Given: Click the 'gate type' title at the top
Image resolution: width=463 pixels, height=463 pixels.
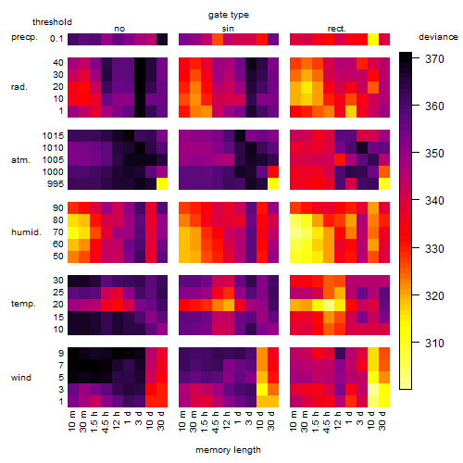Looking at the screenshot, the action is (229, 15).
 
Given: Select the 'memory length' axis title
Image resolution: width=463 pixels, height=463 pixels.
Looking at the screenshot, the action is (228, 450).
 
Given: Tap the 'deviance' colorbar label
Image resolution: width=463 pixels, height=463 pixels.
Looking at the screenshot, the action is (438, 37).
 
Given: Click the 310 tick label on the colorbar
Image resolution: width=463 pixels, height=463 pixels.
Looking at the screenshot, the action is (434, 343).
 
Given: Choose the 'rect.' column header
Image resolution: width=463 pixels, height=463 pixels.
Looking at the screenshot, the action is (336, 29).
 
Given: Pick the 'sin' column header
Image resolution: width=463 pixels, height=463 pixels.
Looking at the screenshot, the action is (228, 29).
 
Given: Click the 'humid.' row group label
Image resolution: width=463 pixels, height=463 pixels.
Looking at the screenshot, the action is (26, 232).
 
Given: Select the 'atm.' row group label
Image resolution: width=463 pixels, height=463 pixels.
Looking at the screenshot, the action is (20, 160).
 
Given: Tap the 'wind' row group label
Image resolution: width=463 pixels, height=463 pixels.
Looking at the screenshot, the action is (21, 378).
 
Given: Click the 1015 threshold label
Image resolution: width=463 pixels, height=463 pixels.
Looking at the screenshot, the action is (53, 136).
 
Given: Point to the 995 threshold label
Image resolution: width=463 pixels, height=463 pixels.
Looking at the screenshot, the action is (56, 184).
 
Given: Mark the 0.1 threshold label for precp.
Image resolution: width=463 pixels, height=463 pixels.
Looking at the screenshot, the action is (56, 39).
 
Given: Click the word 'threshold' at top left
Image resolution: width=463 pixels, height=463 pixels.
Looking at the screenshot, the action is (52, 22).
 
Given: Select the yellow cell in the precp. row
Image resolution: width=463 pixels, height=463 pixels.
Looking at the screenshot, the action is (373, 39).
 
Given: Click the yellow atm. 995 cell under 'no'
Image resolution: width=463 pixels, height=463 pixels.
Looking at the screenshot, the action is (162, 184).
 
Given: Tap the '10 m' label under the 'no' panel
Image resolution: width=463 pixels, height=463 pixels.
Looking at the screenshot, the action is (72, 421).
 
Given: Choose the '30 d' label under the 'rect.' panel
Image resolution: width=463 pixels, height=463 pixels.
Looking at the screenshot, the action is (382, 421).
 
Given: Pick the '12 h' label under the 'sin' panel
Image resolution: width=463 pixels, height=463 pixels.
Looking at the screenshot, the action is (227, 420).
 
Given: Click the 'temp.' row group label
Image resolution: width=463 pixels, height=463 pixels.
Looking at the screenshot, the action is (23, 304).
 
